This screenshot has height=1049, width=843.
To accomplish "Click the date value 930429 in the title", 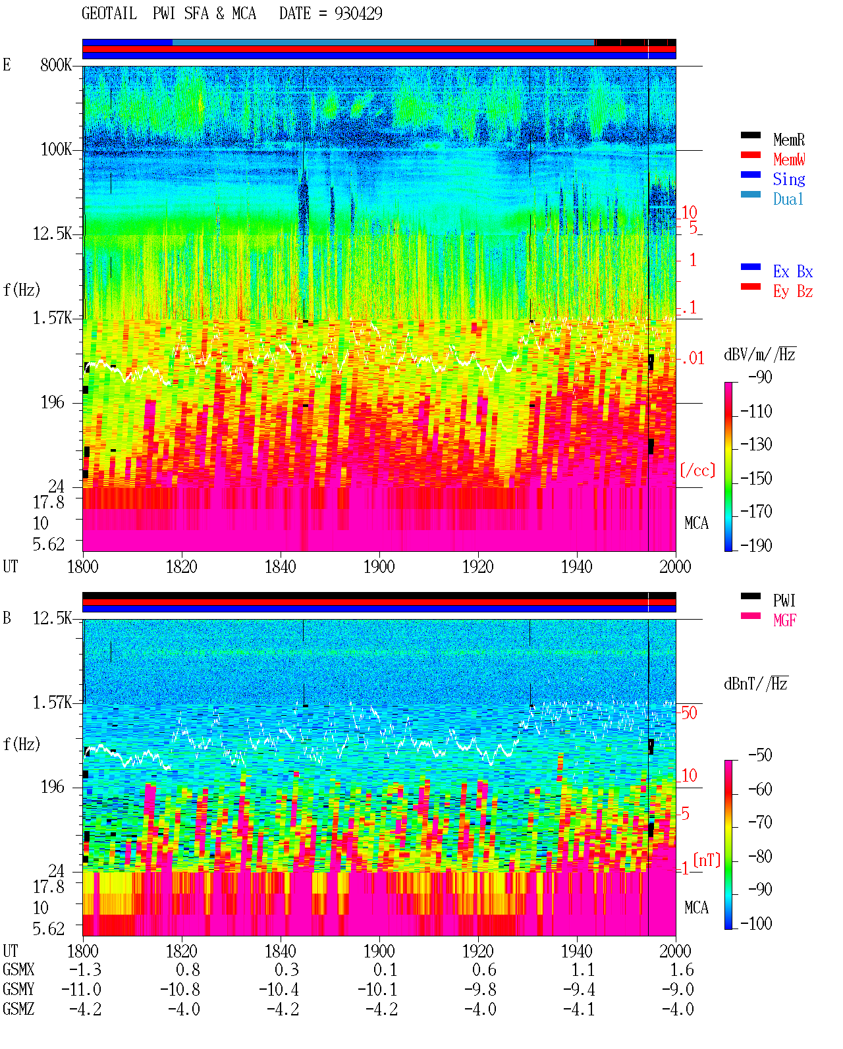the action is point(358,14).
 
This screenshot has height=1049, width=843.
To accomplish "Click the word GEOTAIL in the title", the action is point(109,14).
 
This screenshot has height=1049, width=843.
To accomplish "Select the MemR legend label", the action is point(789,140).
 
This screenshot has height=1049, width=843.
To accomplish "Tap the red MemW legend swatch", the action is point(750,155).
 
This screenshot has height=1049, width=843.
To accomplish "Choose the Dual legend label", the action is point(788,199).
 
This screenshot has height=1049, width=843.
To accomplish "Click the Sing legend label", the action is point(789,179).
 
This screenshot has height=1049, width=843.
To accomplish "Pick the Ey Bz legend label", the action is point(793,292).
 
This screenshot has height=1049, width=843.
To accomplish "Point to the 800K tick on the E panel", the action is point(56,65).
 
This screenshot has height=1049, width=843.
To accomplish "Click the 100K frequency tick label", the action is point(56,149).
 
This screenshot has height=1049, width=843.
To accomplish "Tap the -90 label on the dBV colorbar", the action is point(760,377).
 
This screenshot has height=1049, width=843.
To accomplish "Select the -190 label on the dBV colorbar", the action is point(756,545).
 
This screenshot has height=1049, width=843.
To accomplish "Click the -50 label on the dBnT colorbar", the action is point(760,755).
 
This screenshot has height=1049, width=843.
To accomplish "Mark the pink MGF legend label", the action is point(785,620).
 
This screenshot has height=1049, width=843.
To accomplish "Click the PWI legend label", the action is point(784,601).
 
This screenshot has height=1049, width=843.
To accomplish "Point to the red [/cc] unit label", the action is point(697,470).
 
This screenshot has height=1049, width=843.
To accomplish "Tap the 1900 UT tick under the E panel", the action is point(379,566).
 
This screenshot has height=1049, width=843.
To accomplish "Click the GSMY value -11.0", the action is point(81,990).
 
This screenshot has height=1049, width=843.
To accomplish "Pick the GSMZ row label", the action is point(18,1009).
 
